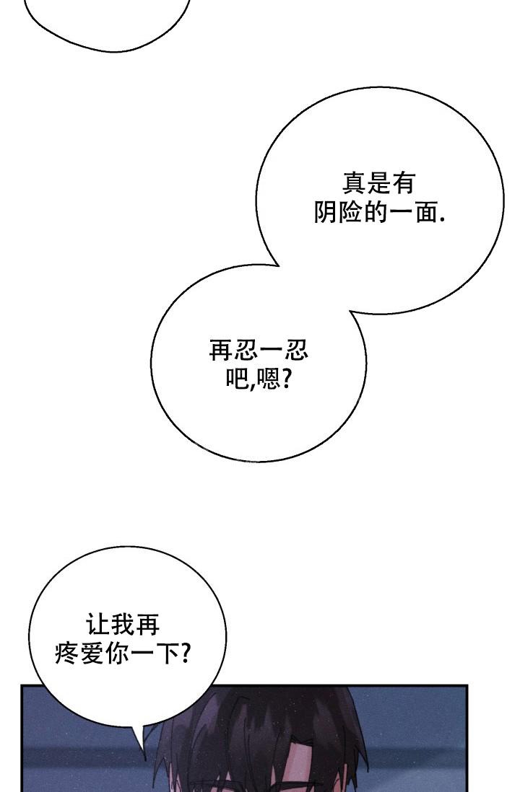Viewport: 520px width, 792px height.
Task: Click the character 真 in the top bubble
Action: click(354, 182)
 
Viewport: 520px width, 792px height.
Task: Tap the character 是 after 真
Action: click(379, 182)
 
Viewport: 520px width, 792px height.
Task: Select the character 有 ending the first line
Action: click(404, 182)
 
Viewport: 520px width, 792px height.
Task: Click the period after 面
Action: click(443, 220)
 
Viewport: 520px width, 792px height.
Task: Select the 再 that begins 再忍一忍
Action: click(221, 350)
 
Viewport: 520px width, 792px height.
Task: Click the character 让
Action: click(98, 625)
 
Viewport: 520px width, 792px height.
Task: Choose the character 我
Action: click(123, 625)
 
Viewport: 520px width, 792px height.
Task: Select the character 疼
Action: click(66, 653)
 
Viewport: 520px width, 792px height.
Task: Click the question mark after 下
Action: click(185, 653)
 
